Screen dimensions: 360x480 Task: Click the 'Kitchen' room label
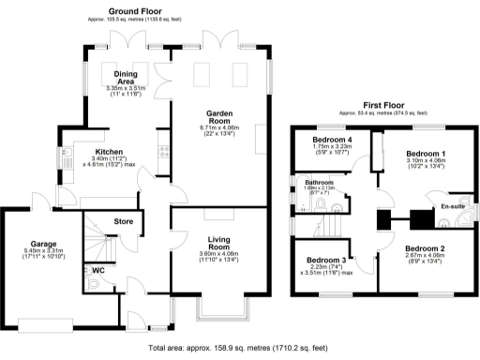click(109, 149)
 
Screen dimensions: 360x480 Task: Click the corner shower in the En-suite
click(465, 221)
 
